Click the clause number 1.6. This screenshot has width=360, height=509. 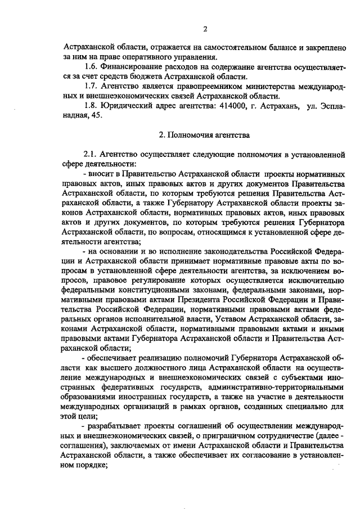coord(91,67)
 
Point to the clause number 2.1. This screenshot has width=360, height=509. coord(91,153)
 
